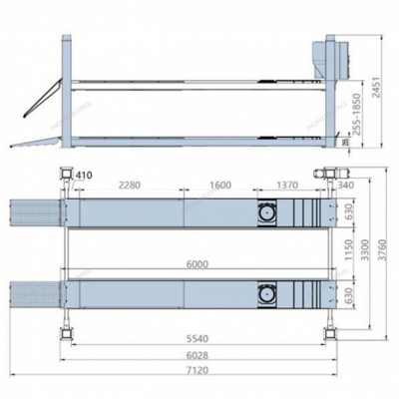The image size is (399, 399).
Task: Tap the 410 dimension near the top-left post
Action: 83,177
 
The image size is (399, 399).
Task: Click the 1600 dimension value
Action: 222,186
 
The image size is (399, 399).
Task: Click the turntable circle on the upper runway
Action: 268,213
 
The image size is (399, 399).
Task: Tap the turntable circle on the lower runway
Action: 268,295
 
